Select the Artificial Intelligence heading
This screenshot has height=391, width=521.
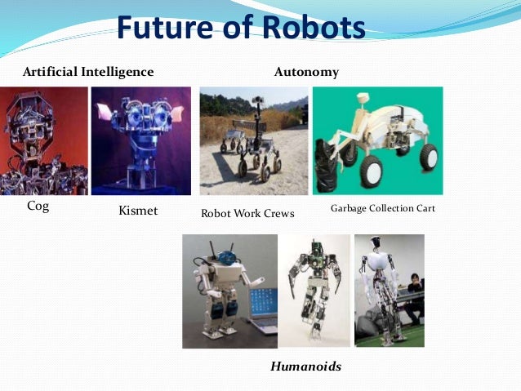(x=87, y=72)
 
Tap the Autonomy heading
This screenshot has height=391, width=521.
(x=306, y=73)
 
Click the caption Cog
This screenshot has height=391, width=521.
(x=38, y=207)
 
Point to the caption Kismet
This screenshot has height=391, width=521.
(x=138, y=211)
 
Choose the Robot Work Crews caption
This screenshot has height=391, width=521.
(x=247, y=214)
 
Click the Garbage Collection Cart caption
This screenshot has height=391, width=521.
(x=382, y=209)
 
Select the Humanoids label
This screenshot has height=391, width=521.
(x=305, y=367)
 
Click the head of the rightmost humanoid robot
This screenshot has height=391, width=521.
(x=378, y=245)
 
